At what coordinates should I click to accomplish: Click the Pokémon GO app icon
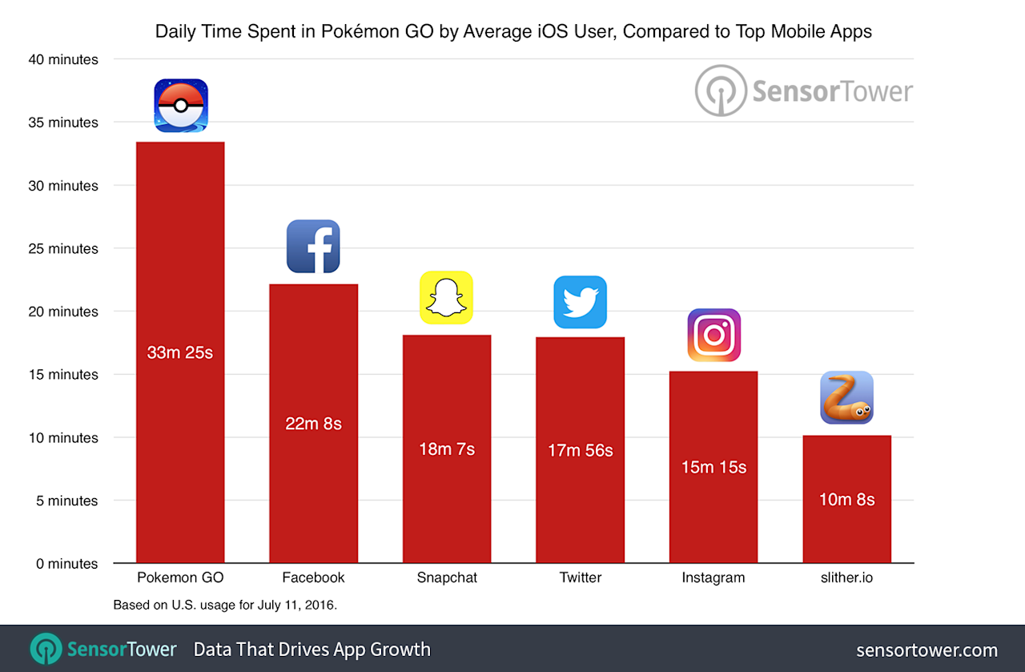[x=181, y=105]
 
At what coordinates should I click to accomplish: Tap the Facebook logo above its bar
[x=313, y=246]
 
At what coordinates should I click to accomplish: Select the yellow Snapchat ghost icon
[x=446, y=297]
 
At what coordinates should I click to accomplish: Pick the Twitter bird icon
[x=580, y=302]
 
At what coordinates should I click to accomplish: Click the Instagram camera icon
[x=713, y=335]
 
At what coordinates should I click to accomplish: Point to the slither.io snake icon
[x=846, y=397]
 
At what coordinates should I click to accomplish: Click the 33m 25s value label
[x=180, y=352]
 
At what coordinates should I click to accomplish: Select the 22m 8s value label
[x=313, y=424]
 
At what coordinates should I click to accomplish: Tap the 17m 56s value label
[x=580, y=451]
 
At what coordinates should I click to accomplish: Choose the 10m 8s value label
[x=846, y=500]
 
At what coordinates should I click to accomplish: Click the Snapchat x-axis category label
[x=446, y=577]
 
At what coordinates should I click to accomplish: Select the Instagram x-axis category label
[x=713, y=577]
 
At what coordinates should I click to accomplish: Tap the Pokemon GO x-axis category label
[x=180, y=577]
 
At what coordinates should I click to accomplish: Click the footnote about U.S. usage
[x=225, y=606]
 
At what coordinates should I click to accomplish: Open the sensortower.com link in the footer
[x=927, y=650]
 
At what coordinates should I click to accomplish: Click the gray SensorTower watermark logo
[x=803, y=91]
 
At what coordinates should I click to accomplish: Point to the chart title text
[x=513, y=32]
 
